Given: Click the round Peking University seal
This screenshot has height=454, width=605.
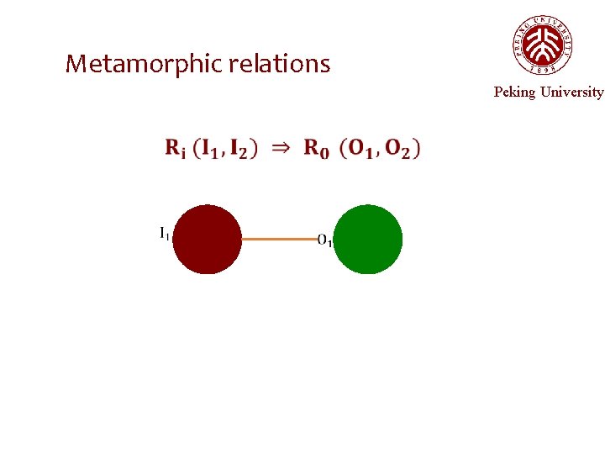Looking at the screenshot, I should [x=542, y=45].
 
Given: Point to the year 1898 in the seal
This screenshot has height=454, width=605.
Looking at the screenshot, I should [x=542, y=71].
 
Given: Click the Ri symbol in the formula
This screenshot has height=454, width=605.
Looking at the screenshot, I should [x=176, y=149].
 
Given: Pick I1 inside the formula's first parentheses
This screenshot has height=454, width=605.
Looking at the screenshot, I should [x=210, y=149].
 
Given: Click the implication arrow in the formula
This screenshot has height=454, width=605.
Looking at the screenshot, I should [x=281, y=148].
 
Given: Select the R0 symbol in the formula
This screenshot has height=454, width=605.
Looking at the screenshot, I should [x=316, y=149].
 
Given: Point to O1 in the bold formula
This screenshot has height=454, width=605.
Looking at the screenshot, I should [x=360, y=149].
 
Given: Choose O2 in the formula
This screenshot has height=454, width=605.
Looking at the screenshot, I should [x=397, y=149].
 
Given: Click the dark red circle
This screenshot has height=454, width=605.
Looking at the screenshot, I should [x=207, y=240].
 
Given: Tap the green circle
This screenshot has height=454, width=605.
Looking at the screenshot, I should [x=368, y=240].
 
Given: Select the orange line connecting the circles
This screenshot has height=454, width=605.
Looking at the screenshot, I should [x=279, y=240].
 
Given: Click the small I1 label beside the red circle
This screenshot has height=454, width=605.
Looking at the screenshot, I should [x=164, y=234].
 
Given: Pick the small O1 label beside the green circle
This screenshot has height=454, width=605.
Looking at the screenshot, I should [x=325, y=241].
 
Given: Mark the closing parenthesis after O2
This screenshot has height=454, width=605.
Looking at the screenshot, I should [x=417, y=149].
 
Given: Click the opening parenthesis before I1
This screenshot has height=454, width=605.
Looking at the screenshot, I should [x=197, y=149].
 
